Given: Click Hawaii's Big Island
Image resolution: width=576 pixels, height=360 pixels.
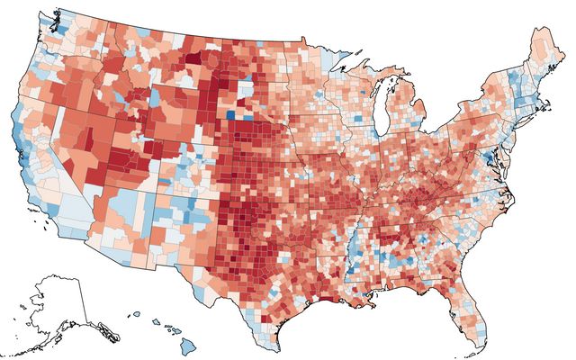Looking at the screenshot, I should click(x=178, y=346).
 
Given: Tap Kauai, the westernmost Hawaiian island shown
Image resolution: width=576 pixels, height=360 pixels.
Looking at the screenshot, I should click(x=133, y=315).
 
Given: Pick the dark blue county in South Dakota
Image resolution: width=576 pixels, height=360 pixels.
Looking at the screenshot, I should click(x=232, y=114).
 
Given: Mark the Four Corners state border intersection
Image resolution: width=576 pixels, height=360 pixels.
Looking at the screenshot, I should click(x=156, y=186).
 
